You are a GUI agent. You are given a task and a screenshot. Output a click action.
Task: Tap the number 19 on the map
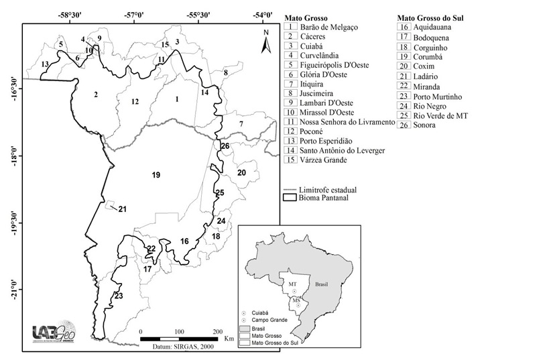156,175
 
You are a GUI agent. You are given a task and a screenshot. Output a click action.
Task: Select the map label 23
118,296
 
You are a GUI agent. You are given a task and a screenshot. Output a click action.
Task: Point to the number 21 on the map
122,210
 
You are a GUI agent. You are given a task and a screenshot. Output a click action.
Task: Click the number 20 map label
241,173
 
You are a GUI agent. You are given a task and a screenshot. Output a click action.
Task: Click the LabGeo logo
53,333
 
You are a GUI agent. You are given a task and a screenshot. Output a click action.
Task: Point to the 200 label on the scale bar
217,331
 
